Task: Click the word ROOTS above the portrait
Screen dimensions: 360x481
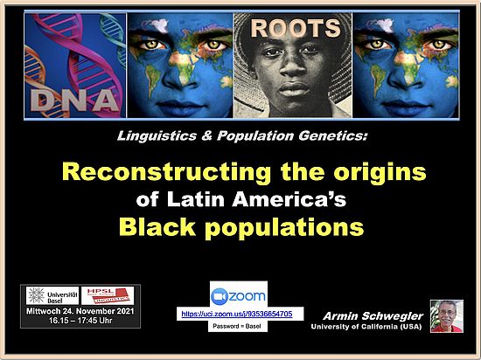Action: [294, 28]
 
